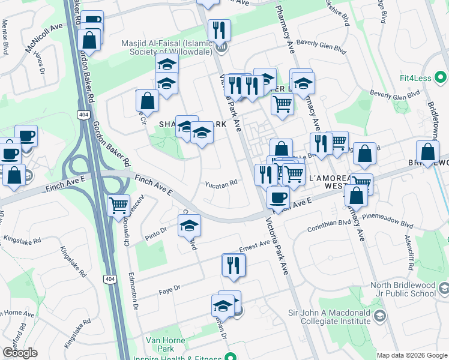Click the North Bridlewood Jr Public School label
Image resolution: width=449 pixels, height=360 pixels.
(x=404, y=289)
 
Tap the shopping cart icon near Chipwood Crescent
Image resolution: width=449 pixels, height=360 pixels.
(x=118, y=205)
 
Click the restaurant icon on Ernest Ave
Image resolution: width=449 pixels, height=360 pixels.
(x=234, y=265)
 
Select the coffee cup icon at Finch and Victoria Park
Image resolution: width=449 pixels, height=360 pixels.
(x=277, y=196)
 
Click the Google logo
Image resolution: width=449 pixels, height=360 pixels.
(x=20, y=353)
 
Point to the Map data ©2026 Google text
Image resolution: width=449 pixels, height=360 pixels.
(x=411, y=355)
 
